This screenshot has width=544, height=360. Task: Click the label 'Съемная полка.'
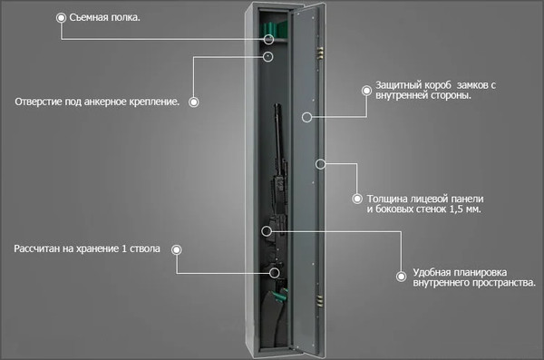click(x=105, y=17)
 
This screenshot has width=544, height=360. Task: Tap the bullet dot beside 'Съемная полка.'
click(x=61, y=18)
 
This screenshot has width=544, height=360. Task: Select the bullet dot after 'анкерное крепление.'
click(x=194, y=102)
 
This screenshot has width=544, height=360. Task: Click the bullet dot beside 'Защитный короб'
click(x=366, y=91)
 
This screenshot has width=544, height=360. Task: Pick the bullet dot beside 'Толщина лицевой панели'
click(x=357, y=199)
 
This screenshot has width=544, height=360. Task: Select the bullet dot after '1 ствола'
click(x=177, y=249)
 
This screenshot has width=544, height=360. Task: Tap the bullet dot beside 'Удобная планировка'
click(x=401, y=277)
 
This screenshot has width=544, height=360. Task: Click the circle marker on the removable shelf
click(x=269, y=39)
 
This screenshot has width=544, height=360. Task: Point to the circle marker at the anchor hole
click(x=267, y=56)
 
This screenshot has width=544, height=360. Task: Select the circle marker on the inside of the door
click(x=306, y=117)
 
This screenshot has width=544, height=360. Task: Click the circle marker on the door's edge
click(x=321, y=164)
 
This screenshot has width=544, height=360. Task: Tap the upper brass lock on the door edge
click(x=320, y=52)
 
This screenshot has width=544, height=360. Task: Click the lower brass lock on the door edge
click(x=319, y=301)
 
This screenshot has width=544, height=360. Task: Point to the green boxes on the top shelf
click(x=275, y=29)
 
